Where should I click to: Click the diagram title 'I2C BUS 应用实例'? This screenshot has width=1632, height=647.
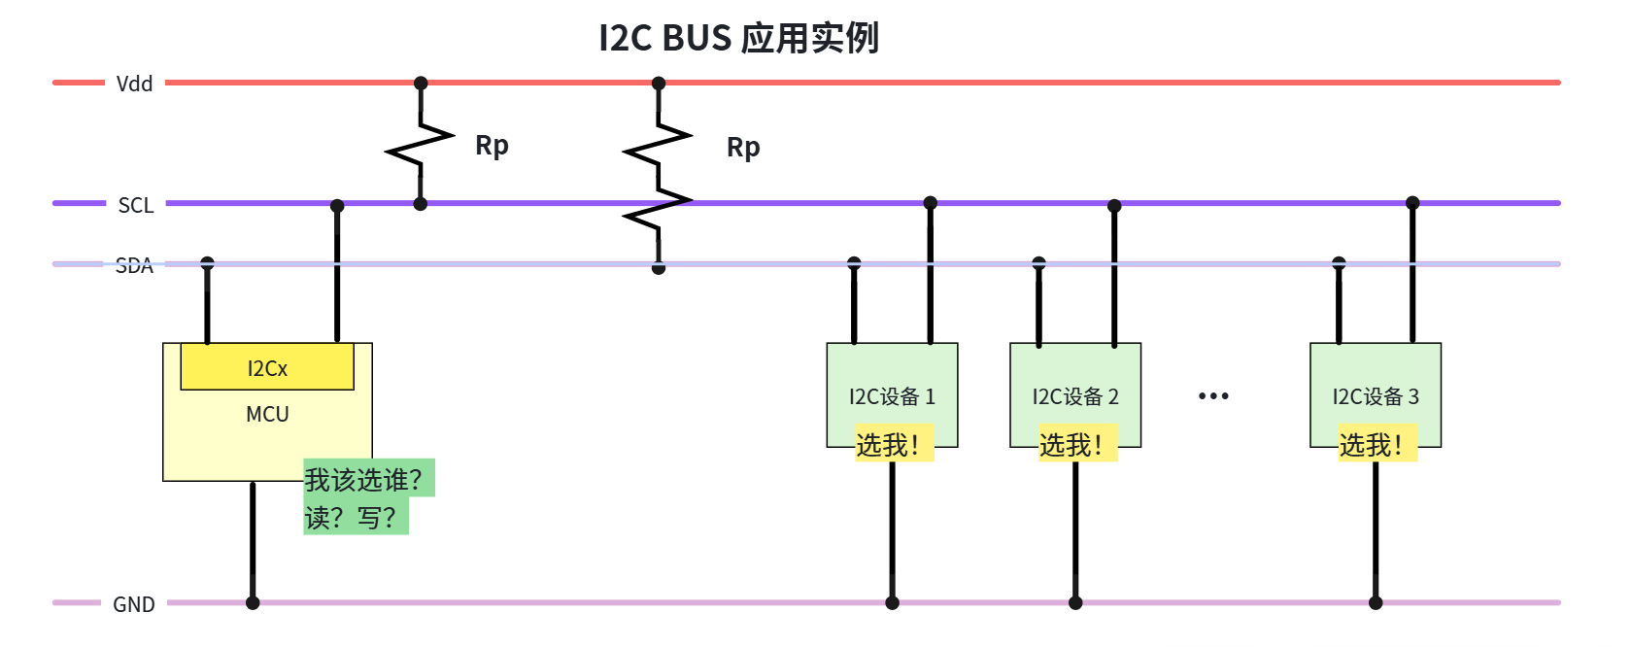[738, 38]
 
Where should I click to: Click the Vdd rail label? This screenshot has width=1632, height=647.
[135, 84]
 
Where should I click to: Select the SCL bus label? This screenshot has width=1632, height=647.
[136, 206]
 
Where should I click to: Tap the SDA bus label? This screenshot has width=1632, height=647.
[135, 265]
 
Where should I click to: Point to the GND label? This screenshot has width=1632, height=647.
[134, 604]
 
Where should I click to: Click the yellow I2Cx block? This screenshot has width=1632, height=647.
[267, 367]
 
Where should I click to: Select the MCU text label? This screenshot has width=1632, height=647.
[267, 415]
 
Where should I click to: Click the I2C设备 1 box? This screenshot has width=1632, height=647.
[892, 394]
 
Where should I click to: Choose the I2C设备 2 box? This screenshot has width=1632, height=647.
[1075, 394]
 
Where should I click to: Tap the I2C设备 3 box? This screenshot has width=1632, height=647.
[1376, 394]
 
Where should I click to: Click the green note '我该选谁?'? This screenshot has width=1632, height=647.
[369, 478]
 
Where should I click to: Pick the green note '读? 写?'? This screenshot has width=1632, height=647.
[357, 516]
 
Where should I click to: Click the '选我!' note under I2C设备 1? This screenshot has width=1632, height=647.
[895, 443]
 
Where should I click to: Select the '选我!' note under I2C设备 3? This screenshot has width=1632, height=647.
[1378, 443]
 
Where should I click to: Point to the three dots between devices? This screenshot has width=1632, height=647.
[1214, 395]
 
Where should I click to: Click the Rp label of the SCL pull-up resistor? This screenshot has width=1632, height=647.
[492, 145]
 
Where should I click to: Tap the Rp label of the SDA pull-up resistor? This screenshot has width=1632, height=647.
[743, 148]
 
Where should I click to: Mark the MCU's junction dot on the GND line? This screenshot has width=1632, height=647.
[253, 603]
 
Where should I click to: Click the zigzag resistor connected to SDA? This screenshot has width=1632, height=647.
[658, 176]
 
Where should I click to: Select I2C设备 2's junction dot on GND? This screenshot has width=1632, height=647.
[1075, 603]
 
